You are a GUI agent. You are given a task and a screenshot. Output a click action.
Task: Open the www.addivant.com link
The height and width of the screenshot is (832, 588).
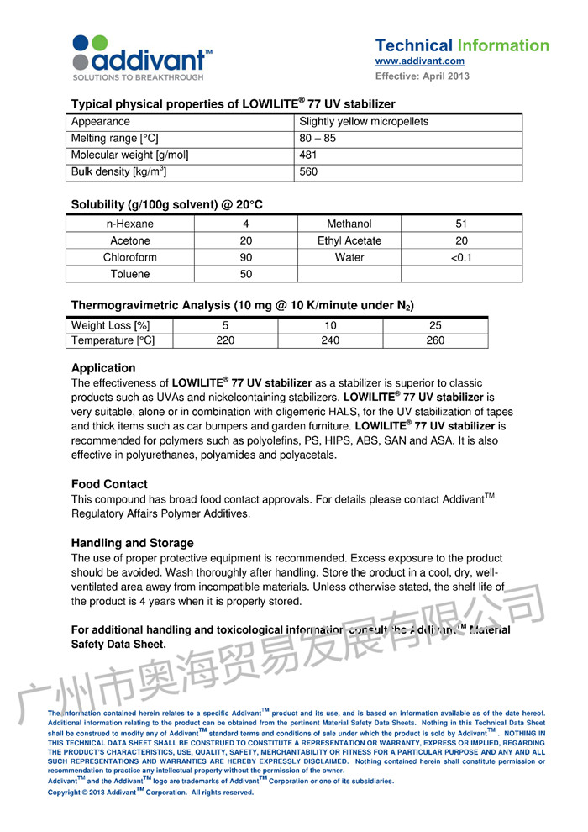pyautogui.click(x=419, y=61)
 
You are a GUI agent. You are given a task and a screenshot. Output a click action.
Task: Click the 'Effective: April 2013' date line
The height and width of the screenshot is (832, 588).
pyautogui.click(x=423, y=76)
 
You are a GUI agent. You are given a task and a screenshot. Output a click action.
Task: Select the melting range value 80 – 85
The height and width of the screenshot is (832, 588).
pyautogui.click(x=318, y=138)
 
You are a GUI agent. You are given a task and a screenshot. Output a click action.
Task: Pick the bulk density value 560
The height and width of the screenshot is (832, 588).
pyautogui.click(x=309, y=172)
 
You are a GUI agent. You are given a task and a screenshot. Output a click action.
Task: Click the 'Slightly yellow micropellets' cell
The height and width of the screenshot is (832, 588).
pyautogui.click(x=364, y=121)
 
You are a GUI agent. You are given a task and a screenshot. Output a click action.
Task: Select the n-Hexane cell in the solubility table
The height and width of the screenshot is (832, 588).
pyautogui.click(x=130, y=224)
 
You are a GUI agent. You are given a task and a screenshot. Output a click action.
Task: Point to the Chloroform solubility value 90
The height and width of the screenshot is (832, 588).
pyautogui.click(x=246, y=257)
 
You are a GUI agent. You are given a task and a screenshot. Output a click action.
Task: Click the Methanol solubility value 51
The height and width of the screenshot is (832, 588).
pyautogui.click(x=461, y=224)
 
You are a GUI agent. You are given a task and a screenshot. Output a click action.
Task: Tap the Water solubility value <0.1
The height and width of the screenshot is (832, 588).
pyautogui.click(x=461, y=257)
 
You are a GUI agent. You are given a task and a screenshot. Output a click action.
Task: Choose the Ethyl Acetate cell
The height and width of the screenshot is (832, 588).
pyautogui.click(x=349, y=240)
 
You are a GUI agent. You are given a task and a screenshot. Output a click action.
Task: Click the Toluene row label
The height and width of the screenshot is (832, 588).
pyautogui.click(x=130, y=274)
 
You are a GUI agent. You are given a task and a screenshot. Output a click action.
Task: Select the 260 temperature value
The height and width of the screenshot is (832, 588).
pyautogui.click(x=435, y=340)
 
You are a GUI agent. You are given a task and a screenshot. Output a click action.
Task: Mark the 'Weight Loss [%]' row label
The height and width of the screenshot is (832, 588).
pyautogui.click(x=111, y=325)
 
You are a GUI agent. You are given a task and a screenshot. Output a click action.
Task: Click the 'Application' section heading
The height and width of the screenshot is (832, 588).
pyautogui.click(x=103, y=367)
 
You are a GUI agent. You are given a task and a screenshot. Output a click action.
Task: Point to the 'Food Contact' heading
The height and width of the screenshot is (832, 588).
pyautogui.click(x=109, y=484)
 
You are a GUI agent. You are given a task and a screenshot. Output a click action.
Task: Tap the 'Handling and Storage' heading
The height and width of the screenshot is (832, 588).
pyautogui.click(x=133, y=543)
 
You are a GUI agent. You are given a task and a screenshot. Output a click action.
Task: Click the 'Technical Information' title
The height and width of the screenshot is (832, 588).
pyautogui.click(x=461, y=45)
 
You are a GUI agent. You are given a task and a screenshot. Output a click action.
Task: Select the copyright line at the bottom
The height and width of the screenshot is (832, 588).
pyautogui.click(x=151, y=792)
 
